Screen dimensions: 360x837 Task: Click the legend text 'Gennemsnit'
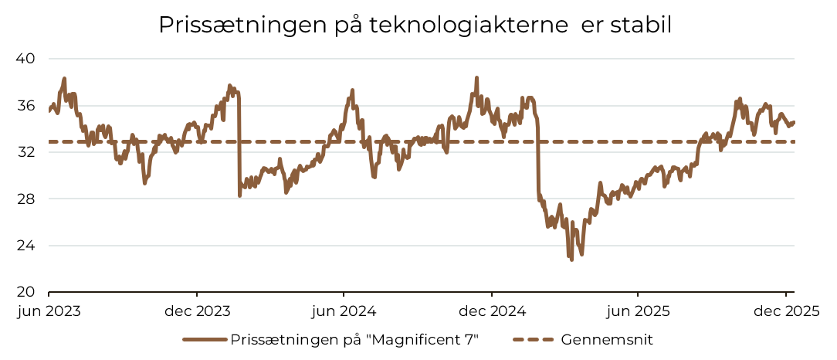click(x=608, y=339)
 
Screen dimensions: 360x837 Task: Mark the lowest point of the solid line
click(x=572, y=260)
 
